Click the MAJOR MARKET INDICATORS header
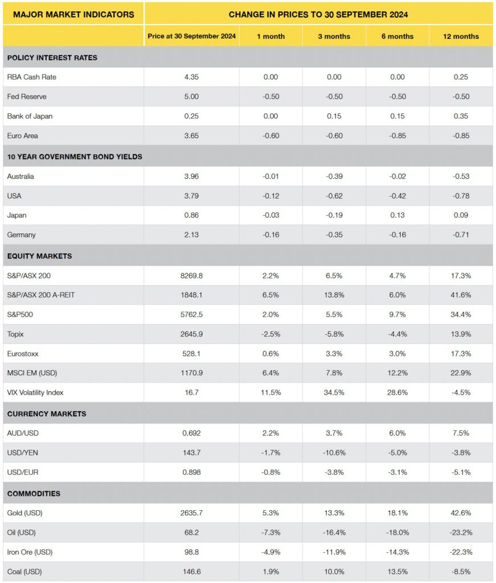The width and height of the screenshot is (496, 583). [73, 14]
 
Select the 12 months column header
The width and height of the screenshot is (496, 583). [461, 36]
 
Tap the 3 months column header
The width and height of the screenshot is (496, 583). [334, 36]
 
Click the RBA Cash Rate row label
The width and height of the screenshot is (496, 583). [32, 77]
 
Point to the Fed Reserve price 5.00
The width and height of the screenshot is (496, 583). [191, 97]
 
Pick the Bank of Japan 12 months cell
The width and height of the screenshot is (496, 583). [461, 116]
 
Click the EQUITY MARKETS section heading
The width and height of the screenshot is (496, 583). [40, 256]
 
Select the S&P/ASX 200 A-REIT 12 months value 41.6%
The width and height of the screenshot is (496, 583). [461, 295]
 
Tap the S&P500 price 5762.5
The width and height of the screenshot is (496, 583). [191, 315]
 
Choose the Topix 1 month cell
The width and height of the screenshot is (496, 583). [270, 334]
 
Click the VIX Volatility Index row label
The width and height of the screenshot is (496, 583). [36, 393]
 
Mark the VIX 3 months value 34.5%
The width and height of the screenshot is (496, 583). [334, 393]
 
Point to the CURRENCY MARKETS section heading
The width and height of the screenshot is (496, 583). [47, 414]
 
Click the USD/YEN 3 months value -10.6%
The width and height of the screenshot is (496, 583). [334, 453]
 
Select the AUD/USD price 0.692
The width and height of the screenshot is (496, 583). [191, 433]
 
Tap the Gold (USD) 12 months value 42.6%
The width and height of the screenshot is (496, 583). [461, 513]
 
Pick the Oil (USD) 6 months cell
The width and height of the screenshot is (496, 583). [397, 532]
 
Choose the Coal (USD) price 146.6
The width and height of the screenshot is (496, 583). [191, 572]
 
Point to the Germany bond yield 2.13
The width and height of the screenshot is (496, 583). [191, 235]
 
